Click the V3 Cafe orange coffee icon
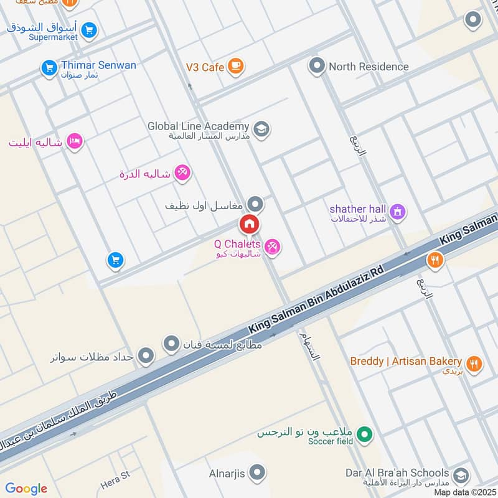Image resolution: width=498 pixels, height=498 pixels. (x=235, y=66)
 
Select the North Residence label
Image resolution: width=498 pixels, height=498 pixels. (x=369, y=67)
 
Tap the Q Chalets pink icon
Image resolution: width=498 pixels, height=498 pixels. (x=272, y=248)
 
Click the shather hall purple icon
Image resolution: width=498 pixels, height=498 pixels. (x=398, y=212)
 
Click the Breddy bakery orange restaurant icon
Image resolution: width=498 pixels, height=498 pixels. (x=474, y=364)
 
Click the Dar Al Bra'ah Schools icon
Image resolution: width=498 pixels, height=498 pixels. (x=461, y=476)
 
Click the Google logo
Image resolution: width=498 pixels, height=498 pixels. (x=26, y=489)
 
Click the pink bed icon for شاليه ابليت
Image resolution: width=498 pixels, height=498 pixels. (x=75, y=142)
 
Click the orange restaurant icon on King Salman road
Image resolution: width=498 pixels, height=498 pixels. (x=435, y=260)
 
